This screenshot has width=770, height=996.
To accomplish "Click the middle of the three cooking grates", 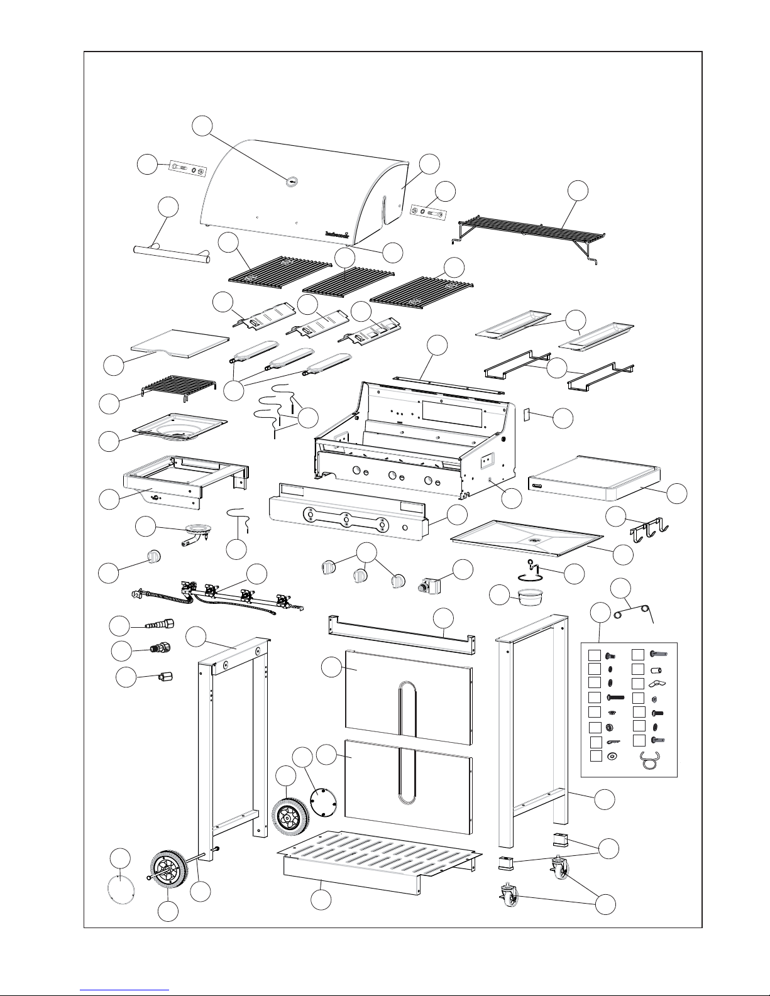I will tap(348, 279).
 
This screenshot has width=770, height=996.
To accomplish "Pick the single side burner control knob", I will tap(154, 556).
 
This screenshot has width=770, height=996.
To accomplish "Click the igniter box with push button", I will tap(433, 587).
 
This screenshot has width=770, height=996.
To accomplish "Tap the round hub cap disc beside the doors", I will tap(324, 802).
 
